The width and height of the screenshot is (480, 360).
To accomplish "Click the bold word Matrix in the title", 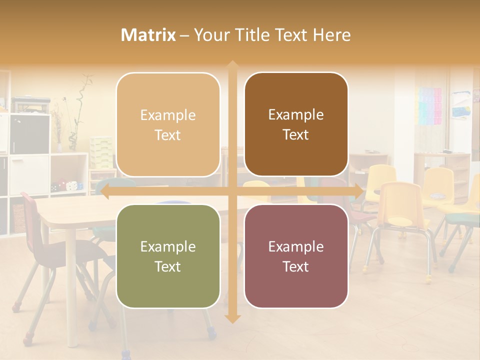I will point(148,35).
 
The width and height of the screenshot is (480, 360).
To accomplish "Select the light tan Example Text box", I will point(168,124).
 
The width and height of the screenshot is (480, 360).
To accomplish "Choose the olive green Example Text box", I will point(168,256).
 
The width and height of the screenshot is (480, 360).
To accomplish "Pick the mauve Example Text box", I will point(296,256).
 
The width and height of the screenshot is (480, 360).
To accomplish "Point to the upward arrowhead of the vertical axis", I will point(232,65).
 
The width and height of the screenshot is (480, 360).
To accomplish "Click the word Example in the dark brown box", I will point(296,114).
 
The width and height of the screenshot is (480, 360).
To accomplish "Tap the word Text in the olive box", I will point(168,266).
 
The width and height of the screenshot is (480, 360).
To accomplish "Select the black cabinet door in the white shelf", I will point(29,134).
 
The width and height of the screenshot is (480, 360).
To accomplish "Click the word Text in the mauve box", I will point(296,266).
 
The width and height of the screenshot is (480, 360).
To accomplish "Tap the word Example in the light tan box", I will point(168,115).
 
